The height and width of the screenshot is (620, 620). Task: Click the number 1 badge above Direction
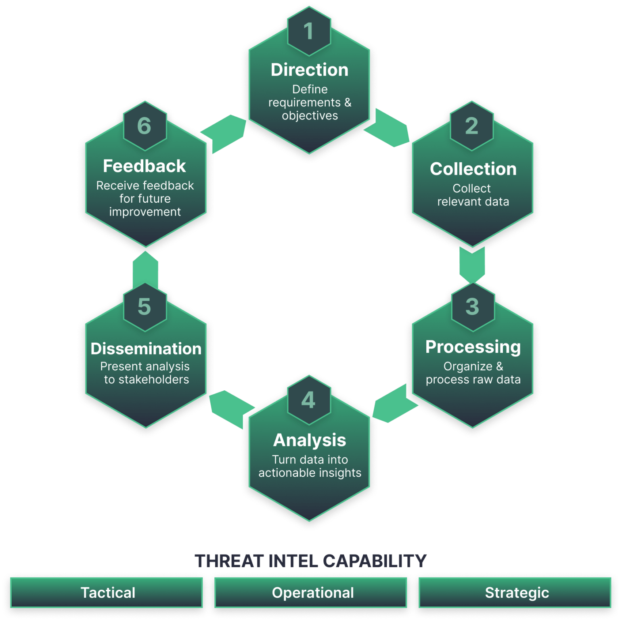pos(309,31)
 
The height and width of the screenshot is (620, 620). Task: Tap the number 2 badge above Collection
pos(471,126)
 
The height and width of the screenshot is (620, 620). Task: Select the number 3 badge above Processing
pos(472,307)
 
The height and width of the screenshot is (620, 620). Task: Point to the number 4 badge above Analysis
pos(309,400)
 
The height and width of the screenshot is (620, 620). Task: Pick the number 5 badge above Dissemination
pos(145,307)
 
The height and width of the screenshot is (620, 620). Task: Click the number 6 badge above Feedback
pos(145,126)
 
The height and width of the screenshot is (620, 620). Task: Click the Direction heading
pos(310,70)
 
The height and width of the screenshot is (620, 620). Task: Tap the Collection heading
pos(473,169)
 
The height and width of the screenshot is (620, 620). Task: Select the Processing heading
pos(473,347)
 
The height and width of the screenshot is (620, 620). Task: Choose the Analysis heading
pos(310,440)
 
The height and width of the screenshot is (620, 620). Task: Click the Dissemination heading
pos(146,349)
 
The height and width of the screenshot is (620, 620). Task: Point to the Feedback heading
pos(145,166)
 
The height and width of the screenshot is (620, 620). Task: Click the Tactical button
pos(107,593)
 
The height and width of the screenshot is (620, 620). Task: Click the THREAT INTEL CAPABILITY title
pos(310,561)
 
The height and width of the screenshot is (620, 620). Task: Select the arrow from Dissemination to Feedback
pos(145,270)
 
